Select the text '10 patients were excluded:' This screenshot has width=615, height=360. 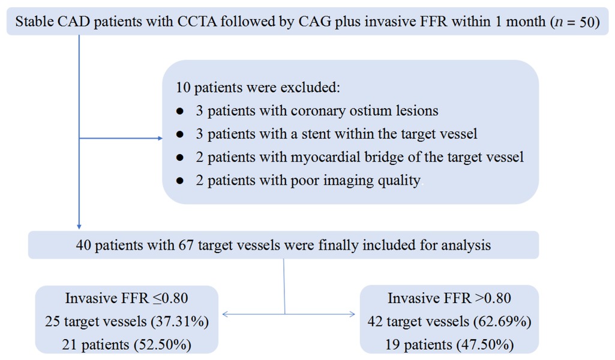258,88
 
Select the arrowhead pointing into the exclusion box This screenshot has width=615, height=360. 160,139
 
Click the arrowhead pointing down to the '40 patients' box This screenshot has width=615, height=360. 79,227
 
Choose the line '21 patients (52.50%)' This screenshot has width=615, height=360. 127,344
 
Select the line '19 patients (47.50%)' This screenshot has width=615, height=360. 449,344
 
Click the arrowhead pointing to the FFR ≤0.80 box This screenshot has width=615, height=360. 224,313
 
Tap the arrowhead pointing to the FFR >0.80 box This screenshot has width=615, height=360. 352,313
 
